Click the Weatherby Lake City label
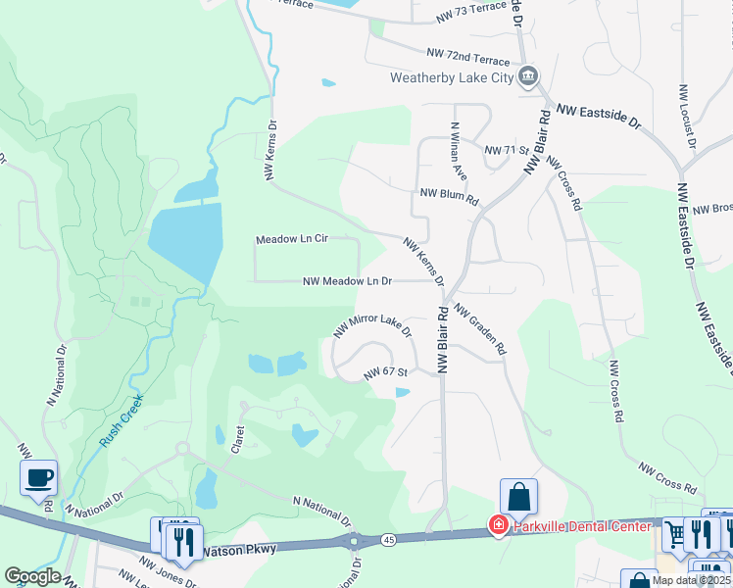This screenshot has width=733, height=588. click(x=452, y=77)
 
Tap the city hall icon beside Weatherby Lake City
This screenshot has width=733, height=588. click(x=528, y=75)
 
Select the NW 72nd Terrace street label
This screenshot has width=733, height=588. click(x=469, y=56)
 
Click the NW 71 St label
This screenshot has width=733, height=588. click(x=507, y=150)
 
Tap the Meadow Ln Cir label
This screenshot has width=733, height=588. click(x=291, y=239)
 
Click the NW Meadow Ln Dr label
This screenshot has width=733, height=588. click(x=348, y=281)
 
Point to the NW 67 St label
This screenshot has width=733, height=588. click(x=385, y=372)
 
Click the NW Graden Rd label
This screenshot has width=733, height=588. click(x=479, y=328)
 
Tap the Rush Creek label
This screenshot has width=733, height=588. click(x=114, y=427)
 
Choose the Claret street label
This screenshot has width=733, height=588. click(x=236, y=437)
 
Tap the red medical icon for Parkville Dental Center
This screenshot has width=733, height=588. click(x=498, y=527)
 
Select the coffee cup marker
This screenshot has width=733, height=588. click(x=39, y=478)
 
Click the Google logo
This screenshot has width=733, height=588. click(x=32, y=576)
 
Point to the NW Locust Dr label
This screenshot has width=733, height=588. click(x=685, y=117)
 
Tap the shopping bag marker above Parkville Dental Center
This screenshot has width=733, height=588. click(x=518, y=496)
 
